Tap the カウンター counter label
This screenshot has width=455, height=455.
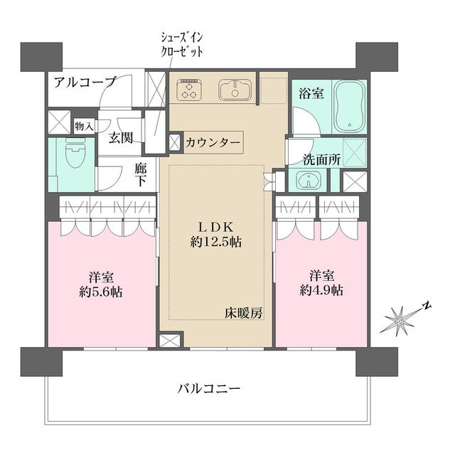click(213, 141)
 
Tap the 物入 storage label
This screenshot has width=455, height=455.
click(84, 126)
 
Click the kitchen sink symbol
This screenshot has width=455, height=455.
click(231, 90)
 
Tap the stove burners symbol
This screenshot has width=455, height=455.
click(191, 89)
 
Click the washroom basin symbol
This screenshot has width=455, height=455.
click(308, 181)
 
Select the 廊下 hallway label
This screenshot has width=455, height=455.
click(141, 175)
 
